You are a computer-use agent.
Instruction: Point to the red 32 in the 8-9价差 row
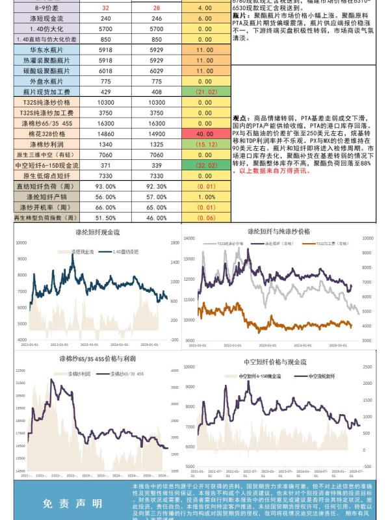106,8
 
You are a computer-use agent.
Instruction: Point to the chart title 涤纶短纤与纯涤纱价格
279,231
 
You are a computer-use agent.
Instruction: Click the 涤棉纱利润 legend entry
81,375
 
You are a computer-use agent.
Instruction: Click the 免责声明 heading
72,503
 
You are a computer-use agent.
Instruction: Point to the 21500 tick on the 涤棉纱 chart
23,370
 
